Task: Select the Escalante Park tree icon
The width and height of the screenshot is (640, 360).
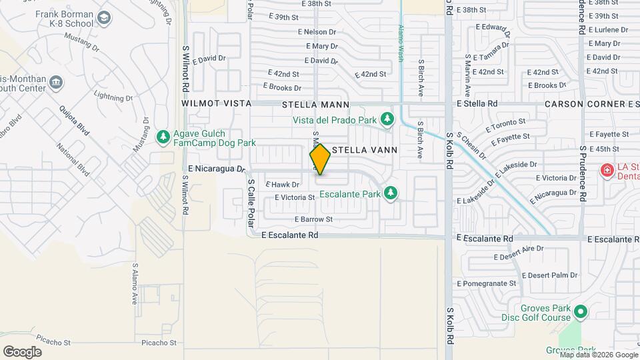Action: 391,194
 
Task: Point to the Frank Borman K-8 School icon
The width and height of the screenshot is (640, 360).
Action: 104,18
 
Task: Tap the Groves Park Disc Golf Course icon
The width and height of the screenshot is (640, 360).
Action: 581,311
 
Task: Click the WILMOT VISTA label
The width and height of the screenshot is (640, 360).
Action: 216,104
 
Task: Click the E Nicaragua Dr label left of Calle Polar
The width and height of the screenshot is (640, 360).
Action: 217,169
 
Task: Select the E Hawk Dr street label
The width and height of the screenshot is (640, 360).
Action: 283,185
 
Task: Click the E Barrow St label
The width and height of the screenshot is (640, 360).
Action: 313,219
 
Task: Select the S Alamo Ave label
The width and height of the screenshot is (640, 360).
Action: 134,283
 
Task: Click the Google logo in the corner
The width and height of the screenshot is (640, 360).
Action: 23,351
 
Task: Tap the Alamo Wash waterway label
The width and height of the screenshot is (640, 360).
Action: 401,43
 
